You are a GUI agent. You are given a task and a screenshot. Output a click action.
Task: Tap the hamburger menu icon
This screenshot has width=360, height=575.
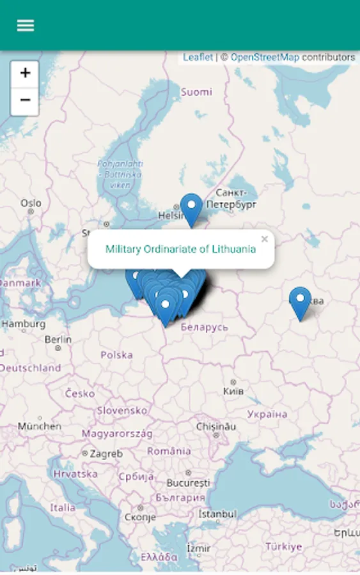pyautogui.click(x=26, y=26)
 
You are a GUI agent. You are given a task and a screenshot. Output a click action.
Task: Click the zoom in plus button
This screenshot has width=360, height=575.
pyautogui.click(x=25, y=73)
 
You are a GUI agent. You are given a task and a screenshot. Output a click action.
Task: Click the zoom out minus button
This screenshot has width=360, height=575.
pyautogui.click(x=25, y=101)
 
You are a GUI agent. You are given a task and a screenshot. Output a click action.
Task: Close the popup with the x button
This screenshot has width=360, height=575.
pyautogui.click(x=264, y=239)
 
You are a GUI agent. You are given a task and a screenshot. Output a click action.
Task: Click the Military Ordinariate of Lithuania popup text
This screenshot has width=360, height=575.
pyautogui.click(x=180, y=249)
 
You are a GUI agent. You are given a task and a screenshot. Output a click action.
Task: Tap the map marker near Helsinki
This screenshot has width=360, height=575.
pyautogui.click(x=191, y=208)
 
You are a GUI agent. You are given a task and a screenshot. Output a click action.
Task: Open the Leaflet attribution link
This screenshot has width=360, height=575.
pyautogui.click(x=198, y=57)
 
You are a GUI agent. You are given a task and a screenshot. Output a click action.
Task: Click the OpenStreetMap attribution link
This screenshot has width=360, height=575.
pyautogui.click(x=265, y=57)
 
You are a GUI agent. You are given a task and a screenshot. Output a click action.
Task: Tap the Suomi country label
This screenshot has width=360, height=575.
pyautogui.click(x=196, y=92)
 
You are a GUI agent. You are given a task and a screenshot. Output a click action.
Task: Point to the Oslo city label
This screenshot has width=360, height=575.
pyautogui.click(x=31, y=203)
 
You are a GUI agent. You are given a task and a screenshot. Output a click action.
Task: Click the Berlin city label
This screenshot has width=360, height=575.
pyautogui.click(x=58, y=339)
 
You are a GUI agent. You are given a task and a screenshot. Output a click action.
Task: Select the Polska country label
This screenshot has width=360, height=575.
pyautogui.click(x=116, y=355)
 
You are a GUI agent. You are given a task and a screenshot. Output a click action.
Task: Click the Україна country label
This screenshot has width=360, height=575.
pyautogui.click(x=267, y=414)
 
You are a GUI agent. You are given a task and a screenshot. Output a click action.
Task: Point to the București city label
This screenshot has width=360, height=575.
pyautogui.click(x=188, y=482)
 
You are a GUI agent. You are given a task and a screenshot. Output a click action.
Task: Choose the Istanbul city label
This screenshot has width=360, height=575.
pyautogui.click(x=217, y=514)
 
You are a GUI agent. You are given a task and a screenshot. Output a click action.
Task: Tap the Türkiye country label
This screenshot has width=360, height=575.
pyautogui.click(x=283, y=547)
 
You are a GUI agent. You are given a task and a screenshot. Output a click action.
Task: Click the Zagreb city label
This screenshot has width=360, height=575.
pyautogui.click(x=106, y=454)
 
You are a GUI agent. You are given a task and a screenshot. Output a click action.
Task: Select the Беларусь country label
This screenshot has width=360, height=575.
pyautogui.click(x=204, y=327)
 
